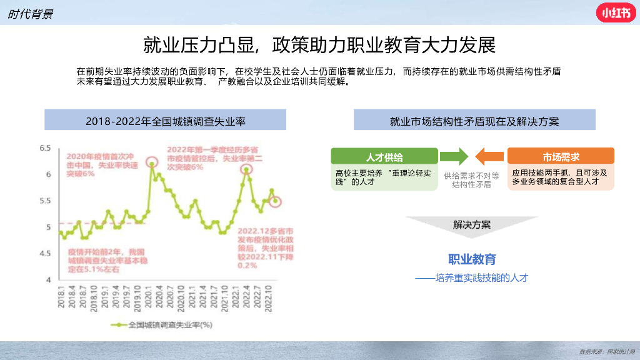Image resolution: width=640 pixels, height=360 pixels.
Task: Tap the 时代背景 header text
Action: pos(30,14)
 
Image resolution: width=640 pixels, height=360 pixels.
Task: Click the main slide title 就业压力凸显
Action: pos(319,46)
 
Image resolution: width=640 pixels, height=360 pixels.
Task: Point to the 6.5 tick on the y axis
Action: pos(44,148)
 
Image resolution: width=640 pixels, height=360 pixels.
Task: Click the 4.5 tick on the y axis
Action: pos(44,253)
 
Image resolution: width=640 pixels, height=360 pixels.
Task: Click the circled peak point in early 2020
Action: pos(151,163)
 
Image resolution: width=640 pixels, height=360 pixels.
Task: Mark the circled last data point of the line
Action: pos(275,201)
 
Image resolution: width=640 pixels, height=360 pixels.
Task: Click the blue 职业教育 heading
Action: pos(472,259)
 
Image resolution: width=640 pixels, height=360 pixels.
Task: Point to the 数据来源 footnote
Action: pos(607,352)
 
